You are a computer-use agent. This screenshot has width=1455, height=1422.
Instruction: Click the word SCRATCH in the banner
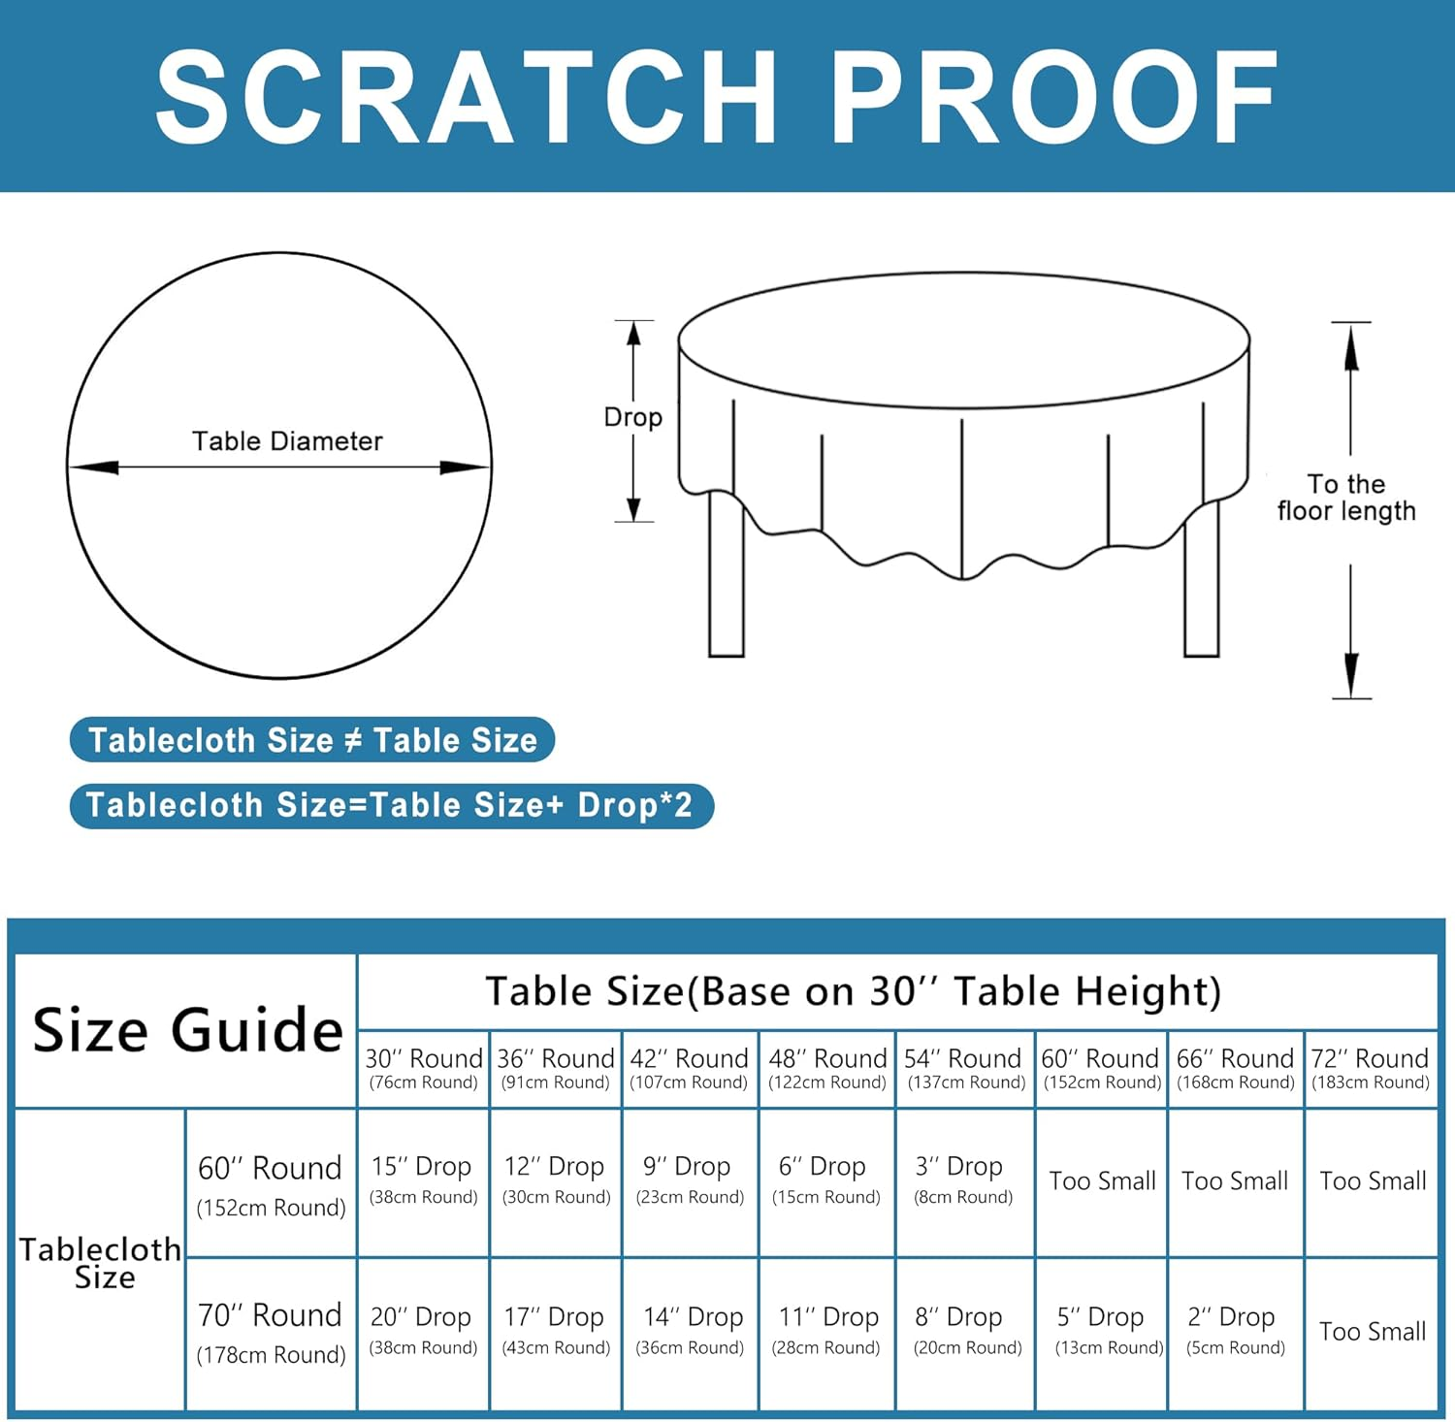(x=466, y=97)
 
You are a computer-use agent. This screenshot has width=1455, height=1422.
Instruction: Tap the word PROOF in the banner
(x=1055, y=97)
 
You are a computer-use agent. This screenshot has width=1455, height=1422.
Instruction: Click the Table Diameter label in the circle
(x=287, y=441)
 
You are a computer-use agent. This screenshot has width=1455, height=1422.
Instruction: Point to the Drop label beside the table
(x=632, y=417)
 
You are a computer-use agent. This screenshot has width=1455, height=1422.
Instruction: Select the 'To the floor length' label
(x=1346, y=498)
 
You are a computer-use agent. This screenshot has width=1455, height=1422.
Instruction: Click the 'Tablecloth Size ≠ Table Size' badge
(x=312, y=740)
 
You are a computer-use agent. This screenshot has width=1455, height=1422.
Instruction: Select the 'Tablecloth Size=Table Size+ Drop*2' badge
(x=390, y=805)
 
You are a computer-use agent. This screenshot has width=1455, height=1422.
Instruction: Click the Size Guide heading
(x=187, y=1030)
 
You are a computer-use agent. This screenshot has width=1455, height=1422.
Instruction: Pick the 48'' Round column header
(x=827, y=1068)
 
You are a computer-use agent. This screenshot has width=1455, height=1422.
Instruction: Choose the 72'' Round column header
(x=1370, y=1068)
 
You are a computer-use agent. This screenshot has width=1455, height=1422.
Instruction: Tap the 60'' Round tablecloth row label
(x=271, y=1184)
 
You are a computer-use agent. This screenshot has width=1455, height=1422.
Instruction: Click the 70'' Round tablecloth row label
(x=271, y=1333)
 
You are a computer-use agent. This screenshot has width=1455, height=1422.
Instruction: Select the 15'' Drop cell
(x=422, y=1179)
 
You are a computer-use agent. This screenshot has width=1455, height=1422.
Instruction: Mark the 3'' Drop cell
(x=962, y=1179)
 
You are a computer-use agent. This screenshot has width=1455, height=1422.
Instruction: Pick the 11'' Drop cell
(x=827, y=1329)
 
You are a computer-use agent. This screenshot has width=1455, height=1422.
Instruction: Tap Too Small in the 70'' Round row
(x=1372, y=1332)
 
